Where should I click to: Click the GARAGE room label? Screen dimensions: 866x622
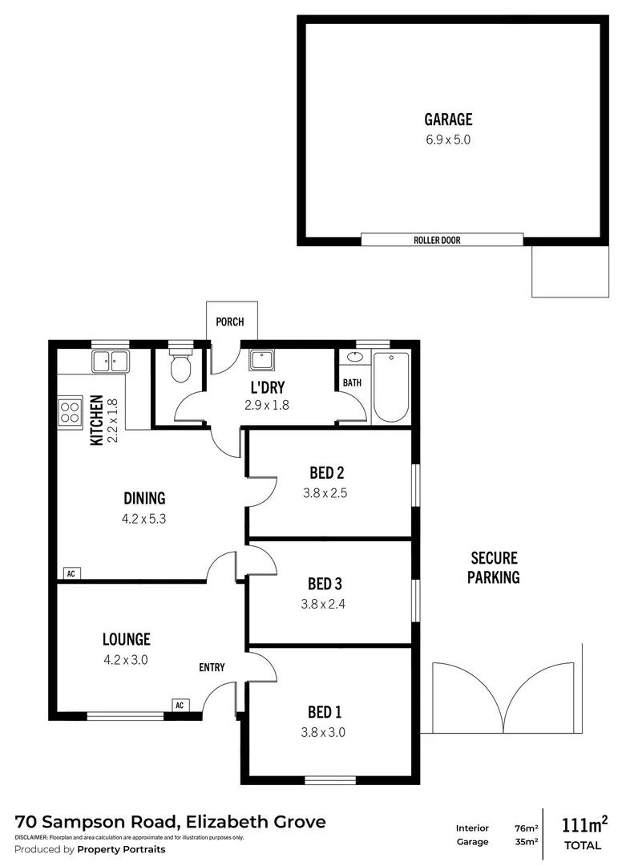point(448,120)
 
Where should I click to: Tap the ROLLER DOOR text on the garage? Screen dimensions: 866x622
point(437,240)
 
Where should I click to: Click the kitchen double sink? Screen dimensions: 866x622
point(111,362)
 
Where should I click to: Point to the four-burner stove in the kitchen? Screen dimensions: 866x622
point(70,412)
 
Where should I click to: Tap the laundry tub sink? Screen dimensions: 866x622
point(261,360)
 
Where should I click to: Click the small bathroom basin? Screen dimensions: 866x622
point(353,358)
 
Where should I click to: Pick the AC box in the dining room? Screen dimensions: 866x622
point(71,573)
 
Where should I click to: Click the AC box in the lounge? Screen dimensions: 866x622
point(180,706)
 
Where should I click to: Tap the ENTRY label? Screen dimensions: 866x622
point(212,667)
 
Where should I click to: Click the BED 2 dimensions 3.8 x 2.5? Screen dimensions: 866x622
point(325,494)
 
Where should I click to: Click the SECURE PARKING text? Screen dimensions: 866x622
point(494,567)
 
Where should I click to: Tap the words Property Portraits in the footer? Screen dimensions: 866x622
point(122,849)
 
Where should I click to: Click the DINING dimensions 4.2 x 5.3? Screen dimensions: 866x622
point(143,519)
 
